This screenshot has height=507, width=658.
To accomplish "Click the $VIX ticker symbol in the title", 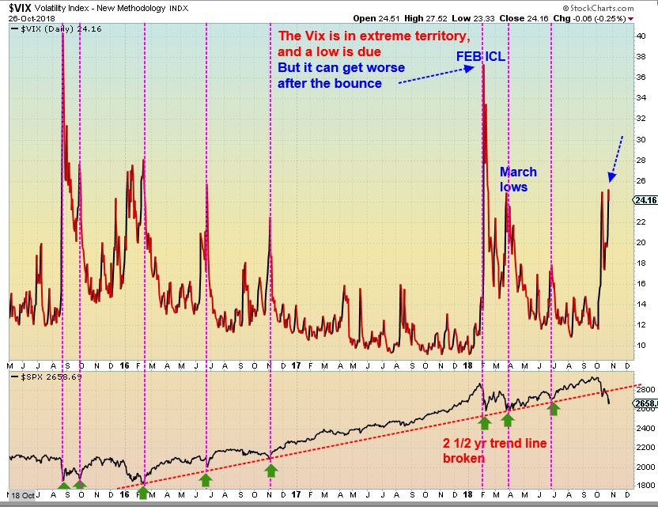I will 23,6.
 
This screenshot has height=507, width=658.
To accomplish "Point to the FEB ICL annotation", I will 480,58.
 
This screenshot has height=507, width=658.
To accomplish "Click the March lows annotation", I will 518,180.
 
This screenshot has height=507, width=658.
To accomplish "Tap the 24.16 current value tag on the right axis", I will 645,200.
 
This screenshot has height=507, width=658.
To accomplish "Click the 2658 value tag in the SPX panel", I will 645,403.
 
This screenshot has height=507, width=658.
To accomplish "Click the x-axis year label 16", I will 125,367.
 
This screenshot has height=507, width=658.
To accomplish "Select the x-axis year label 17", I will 296,367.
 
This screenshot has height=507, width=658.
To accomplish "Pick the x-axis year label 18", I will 467,367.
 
